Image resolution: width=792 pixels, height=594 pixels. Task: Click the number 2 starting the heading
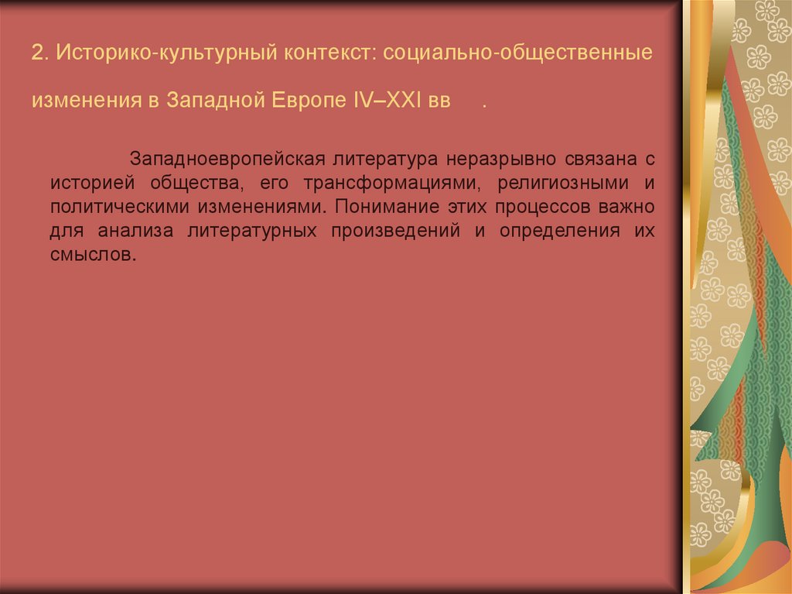click(x=36, y=55)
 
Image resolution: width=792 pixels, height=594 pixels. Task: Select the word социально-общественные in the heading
click(x=517, y=55)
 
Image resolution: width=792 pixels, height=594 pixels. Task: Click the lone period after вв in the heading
click(x=484, y=105)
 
